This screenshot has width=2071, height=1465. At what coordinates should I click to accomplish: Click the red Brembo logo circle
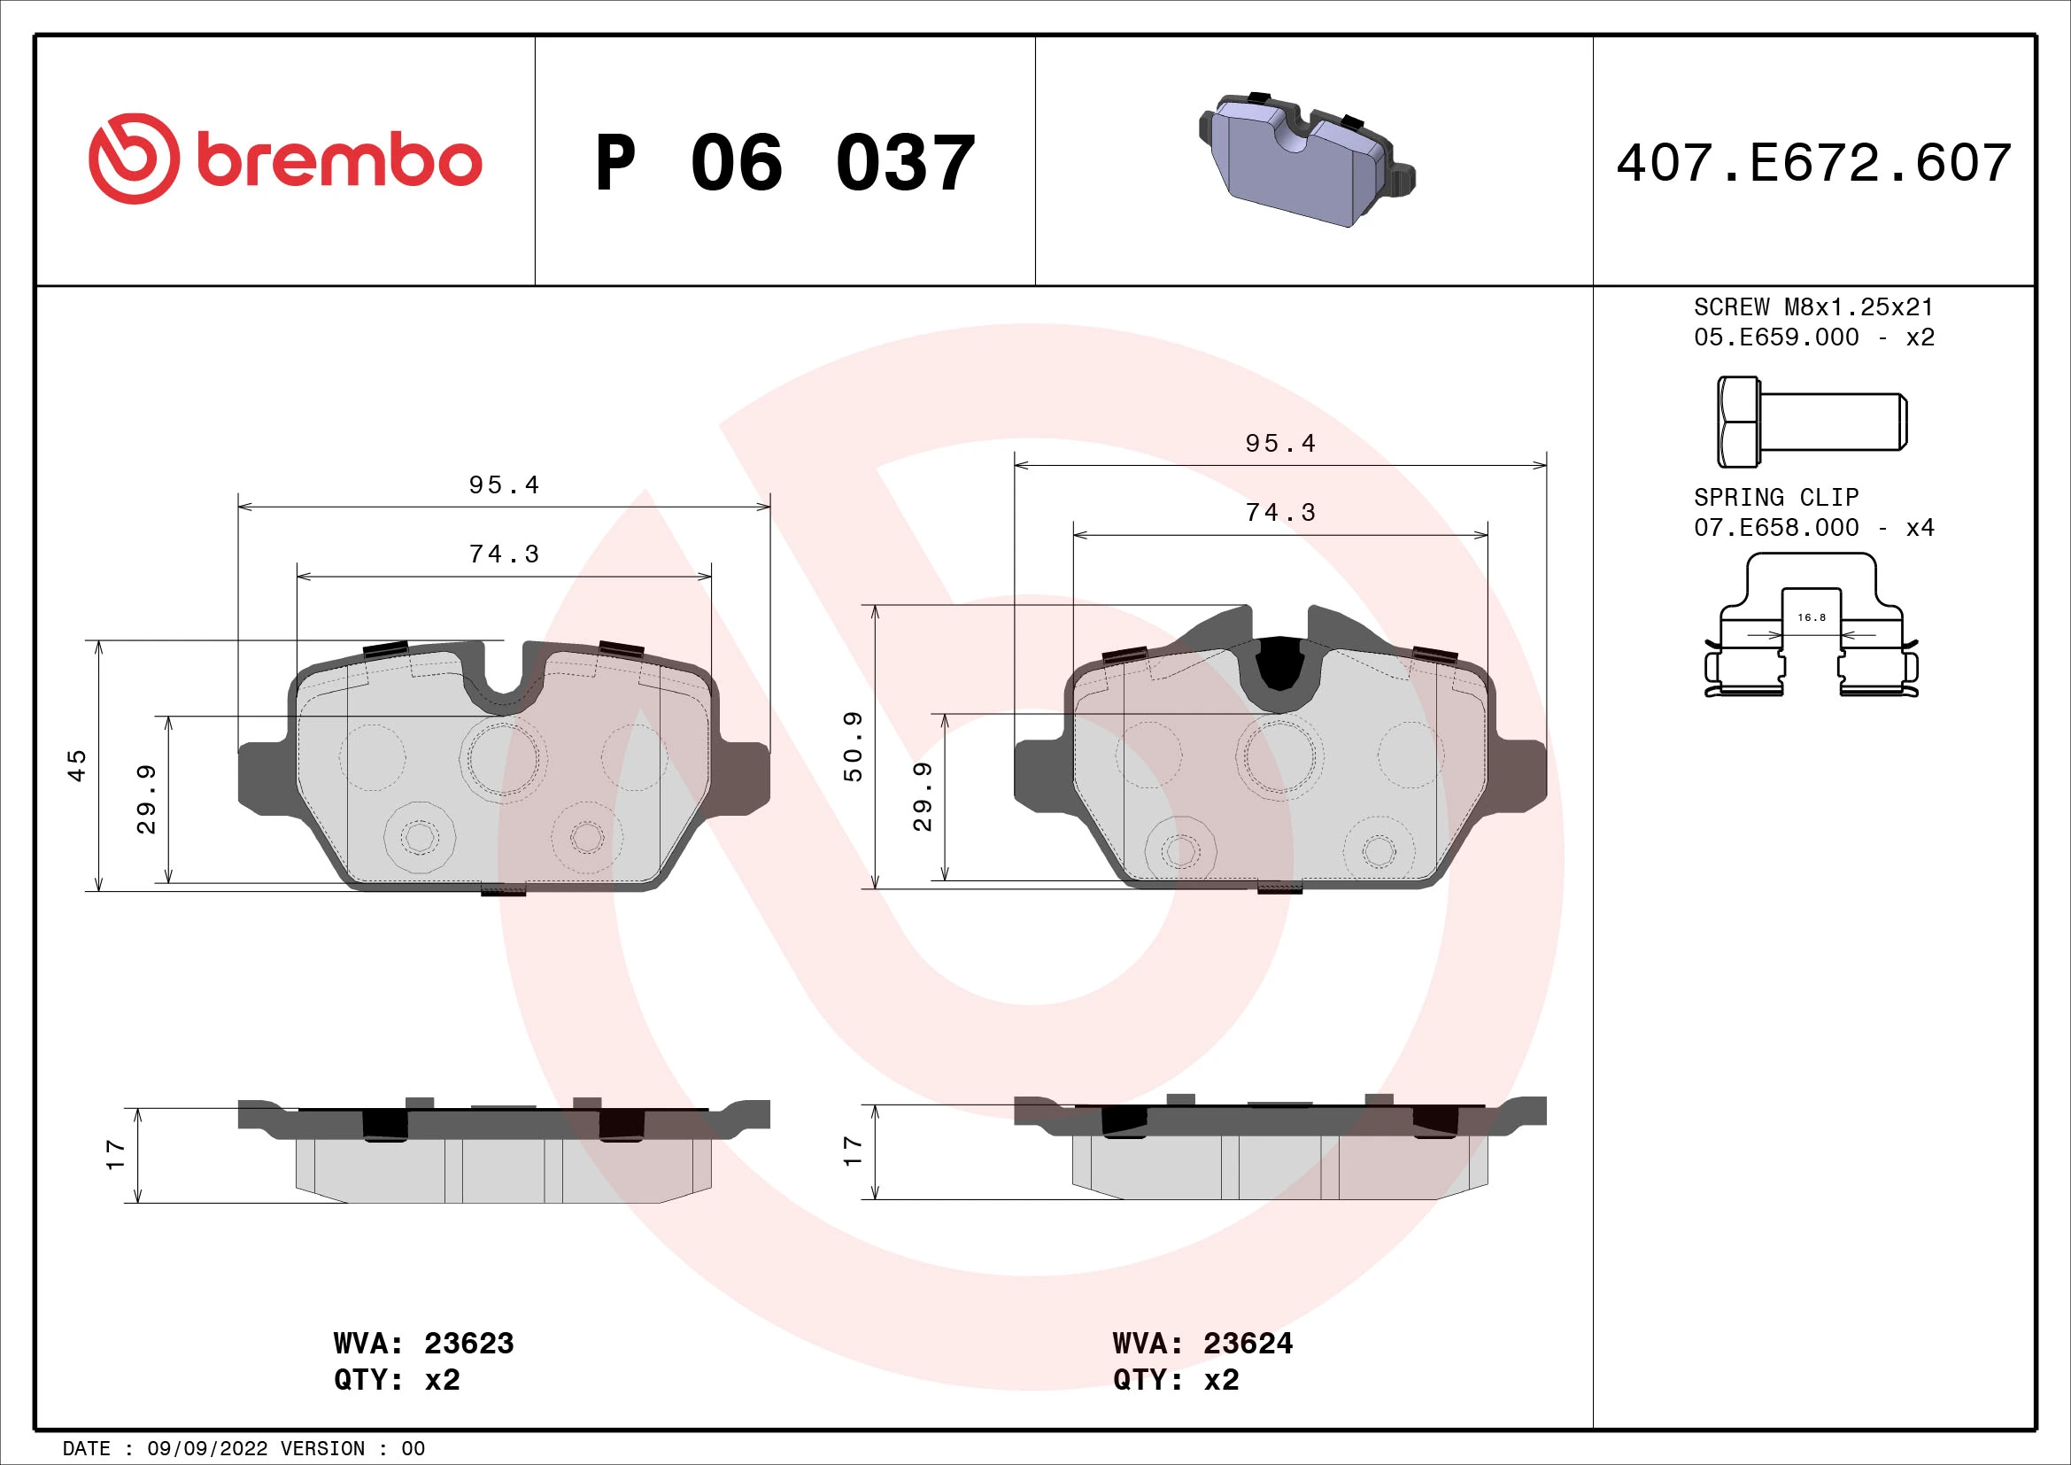click(x=134, y=159)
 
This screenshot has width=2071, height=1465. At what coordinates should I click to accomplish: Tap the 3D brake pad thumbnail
click(x=1306, y=159)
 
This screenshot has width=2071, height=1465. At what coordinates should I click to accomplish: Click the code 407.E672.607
click(x=1814, y=163)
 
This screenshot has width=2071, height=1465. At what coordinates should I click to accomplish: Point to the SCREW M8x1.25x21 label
click(x=1813, y=307)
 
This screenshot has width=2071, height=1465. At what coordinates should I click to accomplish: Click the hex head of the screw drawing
click(x=1737, y=422)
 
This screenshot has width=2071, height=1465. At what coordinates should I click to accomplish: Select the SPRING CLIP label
click(x=1775, y=498)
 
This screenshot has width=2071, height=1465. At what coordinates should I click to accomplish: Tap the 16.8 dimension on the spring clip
click(x=1812, y=618)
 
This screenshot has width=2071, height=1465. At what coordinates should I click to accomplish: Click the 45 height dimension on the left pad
click(x=78, y=765)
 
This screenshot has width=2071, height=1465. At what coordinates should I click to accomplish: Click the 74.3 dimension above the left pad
click(x=504, y=554)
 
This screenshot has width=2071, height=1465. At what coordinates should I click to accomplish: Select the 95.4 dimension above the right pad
click(x=1280, y=444)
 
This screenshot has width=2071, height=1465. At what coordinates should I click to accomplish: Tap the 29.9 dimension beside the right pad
click(x=923, y=796)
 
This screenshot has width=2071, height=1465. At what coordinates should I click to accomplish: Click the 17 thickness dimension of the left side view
click(x=115, y=1155)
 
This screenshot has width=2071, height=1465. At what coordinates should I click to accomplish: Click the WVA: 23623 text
click(x=423, y=1344)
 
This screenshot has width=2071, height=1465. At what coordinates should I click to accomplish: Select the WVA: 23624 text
click(x=1202, y=1344)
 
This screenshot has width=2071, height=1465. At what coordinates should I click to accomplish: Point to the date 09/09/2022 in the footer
click(x=207, y=1449)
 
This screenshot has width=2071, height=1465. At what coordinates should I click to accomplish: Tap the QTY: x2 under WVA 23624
click(x=1175, y=1380)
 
